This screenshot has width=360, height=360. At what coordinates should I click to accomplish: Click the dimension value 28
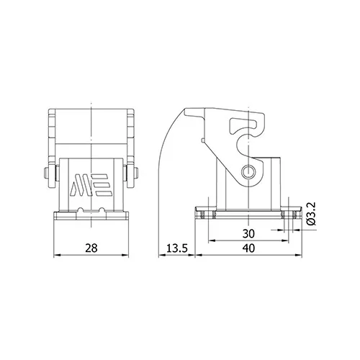coord(91,248)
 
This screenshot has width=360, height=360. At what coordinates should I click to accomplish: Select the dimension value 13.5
coord(176,248)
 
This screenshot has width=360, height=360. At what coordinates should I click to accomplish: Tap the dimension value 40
coord(248,248)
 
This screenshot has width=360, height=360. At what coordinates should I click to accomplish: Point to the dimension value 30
coord(248,233)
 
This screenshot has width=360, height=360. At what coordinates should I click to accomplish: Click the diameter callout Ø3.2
coord(312,214)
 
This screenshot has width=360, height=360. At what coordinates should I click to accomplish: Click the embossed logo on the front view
coord(89,185)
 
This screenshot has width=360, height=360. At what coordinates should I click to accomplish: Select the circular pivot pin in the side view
coord(247,171)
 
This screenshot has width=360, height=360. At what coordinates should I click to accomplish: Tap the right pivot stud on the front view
coord(136,173)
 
